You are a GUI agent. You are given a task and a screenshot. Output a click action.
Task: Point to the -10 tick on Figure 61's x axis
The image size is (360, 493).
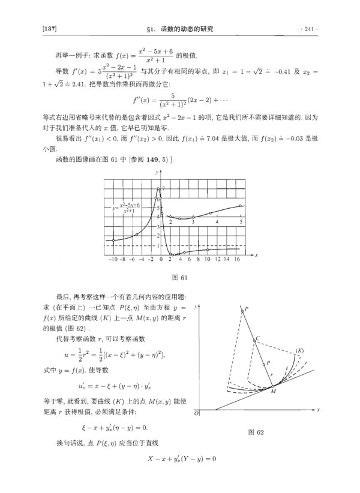[113, 260]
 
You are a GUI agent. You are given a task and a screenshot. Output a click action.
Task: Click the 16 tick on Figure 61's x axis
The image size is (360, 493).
[238, 260]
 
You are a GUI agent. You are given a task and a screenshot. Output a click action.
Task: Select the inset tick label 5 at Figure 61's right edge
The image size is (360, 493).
[241, 222]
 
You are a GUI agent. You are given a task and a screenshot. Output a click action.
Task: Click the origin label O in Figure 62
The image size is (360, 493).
[196, 414]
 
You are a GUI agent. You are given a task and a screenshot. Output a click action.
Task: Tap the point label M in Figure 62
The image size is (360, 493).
[272, 390]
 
